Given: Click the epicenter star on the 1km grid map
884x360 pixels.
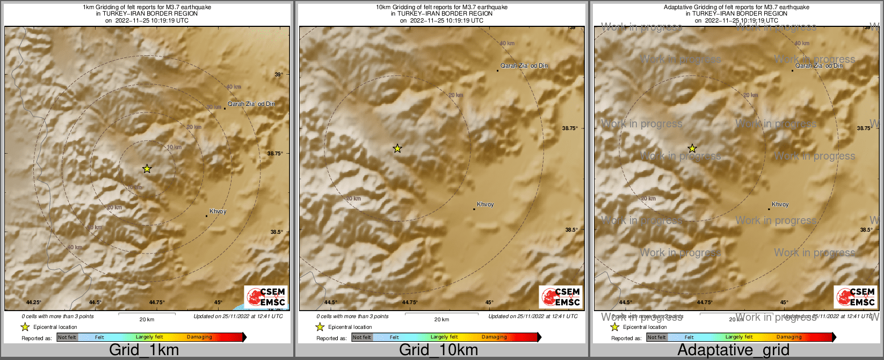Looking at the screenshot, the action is coord(147,169).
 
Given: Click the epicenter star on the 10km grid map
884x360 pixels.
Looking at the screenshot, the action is coord(397,148).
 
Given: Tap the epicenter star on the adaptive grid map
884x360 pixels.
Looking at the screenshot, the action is coord(692,148).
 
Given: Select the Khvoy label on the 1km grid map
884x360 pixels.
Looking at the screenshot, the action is coord(218,212).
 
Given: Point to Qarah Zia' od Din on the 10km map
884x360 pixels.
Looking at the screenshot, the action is coord(524,66).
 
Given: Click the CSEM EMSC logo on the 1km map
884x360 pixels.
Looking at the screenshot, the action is coord(266,297).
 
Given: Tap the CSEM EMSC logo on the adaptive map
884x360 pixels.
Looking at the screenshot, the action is coord(856,297).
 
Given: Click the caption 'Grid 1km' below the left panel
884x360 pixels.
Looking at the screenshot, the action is coord(144,350).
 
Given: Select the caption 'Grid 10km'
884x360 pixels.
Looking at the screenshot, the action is coord(438,350).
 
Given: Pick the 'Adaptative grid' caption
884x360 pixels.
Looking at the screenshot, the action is coord(733,350).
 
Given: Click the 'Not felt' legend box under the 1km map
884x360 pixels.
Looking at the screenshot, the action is coord(67,337).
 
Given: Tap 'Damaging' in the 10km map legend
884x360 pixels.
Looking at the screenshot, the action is coord(494,337).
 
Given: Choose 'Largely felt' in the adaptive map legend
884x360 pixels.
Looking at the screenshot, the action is coord(739,337).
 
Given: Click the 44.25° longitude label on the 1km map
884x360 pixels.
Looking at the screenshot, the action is coord(34,303).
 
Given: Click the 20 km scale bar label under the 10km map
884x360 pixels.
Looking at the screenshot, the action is coord(441,320).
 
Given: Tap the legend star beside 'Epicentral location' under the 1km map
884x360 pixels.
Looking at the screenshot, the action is coord(25,327).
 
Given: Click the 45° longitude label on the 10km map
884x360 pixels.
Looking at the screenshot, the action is coord(489,303).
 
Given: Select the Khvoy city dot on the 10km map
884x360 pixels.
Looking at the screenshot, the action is coord(474,209).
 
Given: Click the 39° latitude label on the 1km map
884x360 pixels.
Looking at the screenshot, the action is coord(279,75).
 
